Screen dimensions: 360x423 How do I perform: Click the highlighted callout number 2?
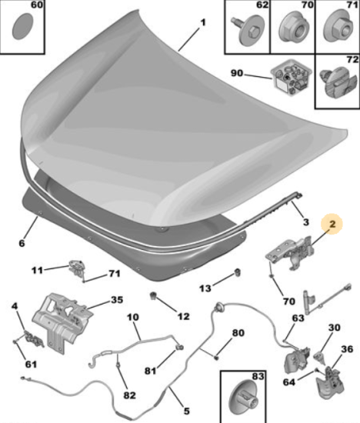tap(332, 224)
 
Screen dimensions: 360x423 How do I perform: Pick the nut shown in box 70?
tap(292, 29)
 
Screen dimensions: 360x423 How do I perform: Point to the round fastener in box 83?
tap(243, 401)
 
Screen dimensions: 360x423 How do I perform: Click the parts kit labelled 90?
tap(291, 78)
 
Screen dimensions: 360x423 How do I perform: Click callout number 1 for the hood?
tap(203, 22)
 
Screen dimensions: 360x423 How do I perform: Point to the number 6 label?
tap(22, 243)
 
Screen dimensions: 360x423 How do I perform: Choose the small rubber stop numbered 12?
tap(154, 295)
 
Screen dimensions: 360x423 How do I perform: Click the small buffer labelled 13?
tap(238, 272)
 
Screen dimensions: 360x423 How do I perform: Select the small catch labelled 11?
tap(77, 267)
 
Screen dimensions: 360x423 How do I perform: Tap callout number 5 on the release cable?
tap(186, 411)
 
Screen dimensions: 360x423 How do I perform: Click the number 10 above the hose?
tap(133, 317)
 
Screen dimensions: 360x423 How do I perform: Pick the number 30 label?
tap(334, 328)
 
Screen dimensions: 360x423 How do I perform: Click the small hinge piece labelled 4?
tap(34, 338)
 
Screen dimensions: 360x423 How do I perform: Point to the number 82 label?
tap(129, 395)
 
